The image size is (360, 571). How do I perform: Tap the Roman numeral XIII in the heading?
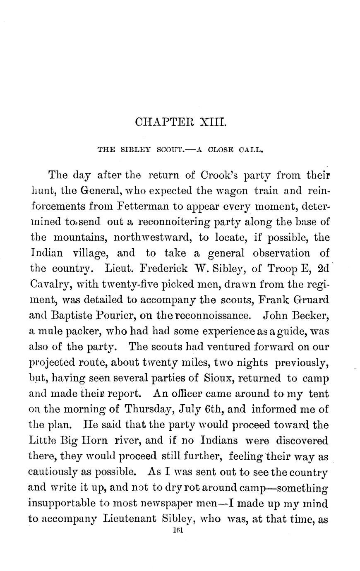click(x=212, y=122)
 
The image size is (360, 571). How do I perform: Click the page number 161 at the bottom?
click(x=178, y=533)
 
